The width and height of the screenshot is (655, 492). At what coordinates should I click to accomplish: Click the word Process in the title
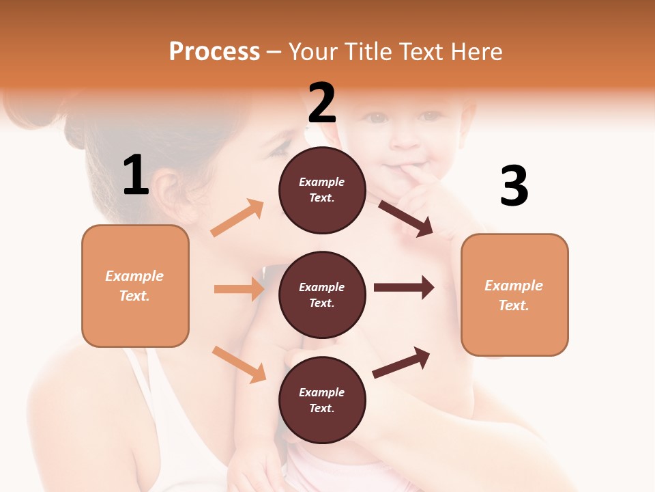214,52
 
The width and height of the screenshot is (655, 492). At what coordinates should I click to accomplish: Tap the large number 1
135,176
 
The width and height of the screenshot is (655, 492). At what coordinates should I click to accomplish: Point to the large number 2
322,103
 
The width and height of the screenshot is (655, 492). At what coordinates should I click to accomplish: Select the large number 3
514,186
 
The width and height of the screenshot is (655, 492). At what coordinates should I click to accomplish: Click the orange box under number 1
135,286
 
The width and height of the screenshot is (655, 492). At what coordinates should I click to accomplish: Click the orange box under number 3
514,295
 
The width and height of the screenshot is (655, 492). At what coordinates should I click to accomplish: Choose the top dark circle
322,190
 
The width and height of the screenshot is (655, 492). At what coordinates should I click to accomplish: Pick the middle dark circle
322,295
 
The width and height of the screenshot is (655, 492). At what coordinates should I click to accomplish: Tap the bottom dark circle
322,400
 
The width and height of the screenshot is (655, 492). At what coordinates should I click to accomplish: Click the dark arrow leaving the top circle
405,218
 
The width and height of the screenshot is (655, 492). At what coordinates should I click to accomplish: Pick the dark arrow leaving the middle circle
403,287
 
